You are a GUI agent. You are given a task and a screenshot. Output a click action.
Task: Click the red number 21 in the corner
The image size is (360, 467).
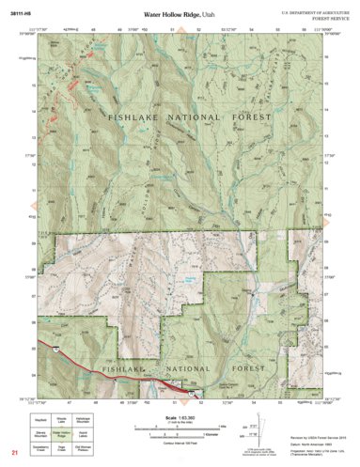coord(15,453)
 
